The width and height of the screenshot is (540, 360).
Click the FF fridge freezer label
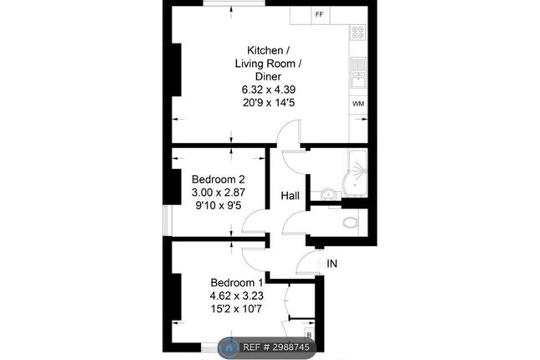(319, 14)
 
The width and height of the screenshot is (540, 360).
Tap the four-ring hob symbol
(358, 33)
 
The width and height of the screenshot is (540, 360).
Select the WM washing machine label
(358, 104)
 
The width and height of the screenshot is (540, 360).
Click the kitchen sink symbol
(358, 76)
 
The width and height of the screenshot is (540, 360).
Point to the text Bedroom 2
(219, 179)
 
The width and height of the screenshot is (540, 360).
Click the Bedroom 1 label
(237, 282)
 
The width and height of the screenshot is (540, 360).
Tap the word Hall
(290, 196)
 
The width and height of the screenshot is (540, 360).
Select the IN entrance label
(332, 264)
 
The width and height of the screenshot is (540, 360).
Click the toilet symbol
(351, 222)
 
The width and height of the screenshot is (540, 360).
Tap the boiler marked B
(309, 334)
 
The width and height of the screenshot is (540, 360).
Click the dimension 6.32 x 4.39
(269, 90)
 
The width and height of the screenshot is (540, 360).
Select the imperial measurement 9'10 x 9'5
(219, 206)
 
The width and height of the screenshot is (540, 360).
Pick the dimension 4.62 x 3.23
(237, 296)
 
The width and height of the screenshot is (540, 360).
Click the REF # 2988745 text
(276, 347)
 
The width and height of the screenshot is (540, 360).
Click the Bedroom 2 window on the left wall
(167, 220)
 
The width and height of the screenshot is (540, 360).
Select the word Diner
(268, 76)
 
